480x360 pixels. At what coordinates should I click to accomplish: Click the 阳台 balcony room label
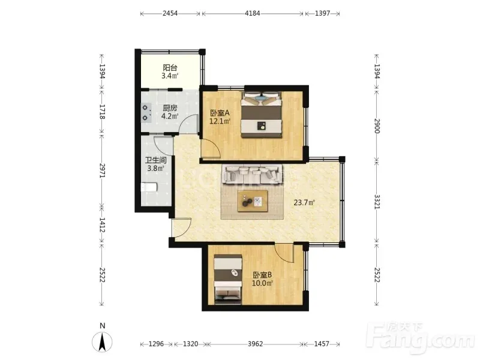coord(170,67)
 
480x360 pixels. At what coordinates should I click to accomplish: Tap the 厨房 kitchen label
coord(170,108)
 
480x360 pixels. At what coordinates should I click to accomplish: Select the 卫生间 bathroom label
coord(156,160)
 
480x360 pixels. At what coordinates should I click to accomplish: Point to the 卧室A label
coord(220,113)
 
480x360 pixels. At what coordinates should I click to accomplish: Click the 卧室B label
coord(262,275)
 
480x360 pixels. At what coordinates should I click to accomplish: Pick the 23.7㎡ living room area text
coord(304,202)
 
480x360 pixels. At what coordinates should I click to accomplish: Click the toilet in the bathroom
coord(149,187)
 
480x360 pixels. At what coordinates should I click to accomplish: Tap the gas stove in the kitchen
coord(146,113)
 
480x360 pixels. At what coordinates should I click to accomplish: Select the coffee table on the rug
coord(253,201)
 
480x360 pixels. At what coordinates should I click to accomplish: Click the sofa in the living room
coord(252,174)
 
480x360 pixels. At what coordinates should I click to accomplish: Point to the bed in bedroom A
coord(262,115)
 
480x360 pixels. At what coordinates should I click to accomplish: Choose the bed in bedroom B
coord(228,279)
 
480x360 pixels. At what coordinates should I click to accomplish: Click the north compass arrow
coord(103,341)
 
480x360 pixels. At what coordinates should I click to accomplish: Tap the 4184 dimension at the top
coord(253,13)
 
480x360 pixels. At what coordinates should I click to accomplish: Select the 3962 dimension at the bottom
coord(256,344)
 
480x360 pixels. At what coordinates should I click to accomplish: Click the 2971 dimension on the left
coord(102,171)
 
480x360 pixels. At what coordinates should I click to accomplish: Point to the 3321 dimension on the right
coord(377,202)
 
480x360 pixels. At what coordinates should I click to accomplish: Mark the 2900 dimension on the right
coord(377,126)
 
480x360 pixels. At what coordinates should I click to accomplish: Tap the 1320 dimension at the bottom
coord(190,344)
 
